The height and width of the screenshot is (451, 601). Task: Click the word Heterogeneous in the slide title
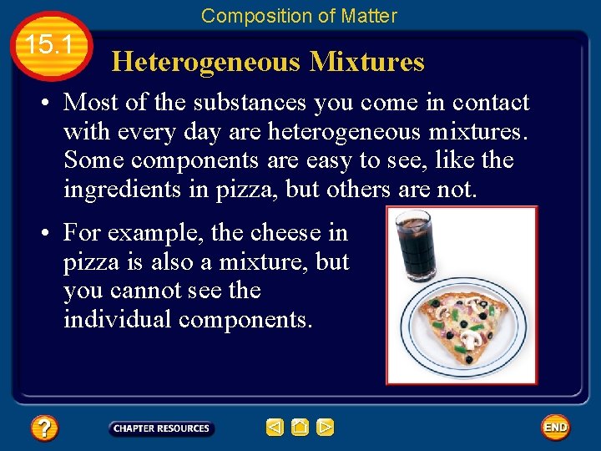click(206, 62)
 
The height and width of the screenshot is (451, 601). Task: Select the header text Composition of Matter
click(299, 15)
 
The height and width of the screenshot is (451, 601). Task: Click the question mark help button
click(43, 428)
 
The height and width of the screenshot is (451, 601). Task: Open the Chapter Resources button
click(161, 428)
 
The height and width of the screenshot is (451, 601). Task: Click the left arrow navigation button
click(275, 428)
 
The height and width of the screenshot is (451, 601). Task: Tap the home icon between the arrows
click(300, 428)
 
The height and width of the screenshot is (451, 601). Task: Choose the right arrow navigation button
click(326, 428)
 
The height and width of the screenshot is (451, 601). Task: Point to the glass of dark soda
click(412, 247)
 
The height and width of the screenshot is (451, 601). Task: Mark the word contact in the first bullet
click(491, 103)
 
